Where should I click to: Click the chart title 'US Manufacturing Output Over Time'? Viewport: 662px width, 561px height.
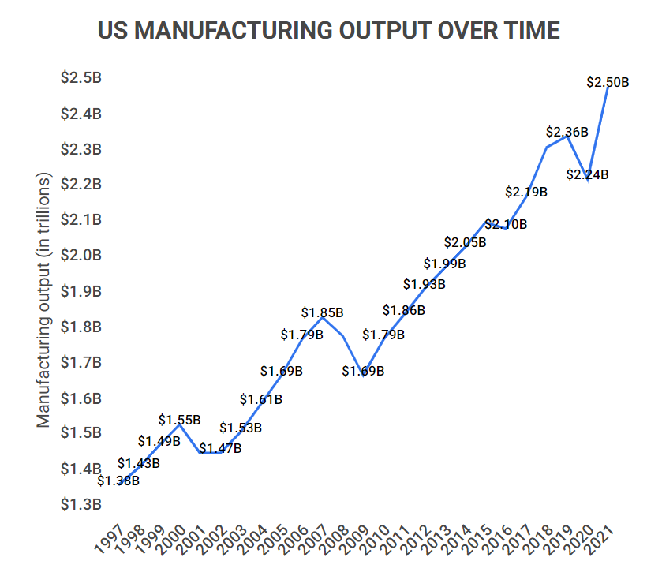click(x=329, y=31)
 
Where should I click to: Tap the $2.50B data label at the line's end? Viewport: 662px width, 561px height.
click(x=608, y=81)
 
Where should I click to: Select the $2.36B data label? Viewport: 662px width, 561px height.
click(x=567, y=132)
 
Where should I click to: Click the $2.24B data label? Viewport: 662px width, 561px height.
click(x=587, y=175)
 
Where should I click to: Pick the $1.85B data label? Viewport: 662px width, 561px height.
click(x=322, y=312)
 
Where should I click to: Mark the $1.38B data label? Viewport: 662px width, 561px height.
click(x=118, y=480)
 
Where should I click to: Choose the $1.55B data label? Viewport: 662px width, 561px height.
click(x=179, y=420)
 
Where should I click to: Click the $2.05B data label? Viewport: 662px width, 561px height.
click(x=465, y=242)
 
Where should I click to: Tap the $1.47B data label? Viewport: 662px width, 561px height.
click(x=220, y=449)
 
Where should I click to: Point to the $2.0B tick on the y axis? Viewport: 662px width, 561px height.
click(x=80, y=256)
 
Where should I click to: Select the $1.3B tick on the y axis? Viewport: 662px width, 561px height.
click(x=80, y=504)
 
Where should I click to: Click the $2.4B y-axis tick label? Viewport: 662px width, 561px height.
click(x=80, y=114)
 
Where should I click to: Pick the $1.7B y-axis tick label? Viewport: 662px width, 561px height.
click(x=80, y=362)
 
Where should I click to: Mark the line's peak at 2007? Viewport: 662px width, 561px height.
click(x=322, y=316)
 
